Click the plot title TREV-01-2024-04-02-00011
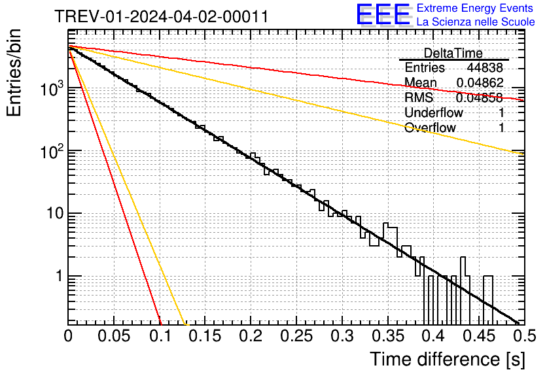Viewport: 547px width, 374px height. [161, 17]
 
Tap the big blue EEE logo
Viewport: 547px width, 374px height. [383, 16]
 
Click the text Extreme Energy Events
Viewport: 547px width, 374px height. [476, 8]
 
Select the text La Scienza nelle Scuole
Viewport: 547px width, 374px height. [476, 22]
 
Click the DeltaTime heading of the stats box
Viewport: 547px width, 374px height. [453, 53]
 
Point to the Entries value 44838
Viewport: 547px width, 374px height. [485, 68]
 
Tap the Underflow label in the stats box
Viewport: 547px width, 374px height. [434, 112]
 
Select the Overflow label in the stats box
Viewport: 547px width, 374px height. [430, 127]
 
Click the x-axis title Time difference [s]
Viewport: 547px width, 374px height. [447, 359]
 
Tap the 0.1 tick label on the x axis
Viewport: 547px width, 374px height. [160, 336]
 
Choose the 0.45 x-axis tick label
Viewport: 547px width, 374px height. [477, 336]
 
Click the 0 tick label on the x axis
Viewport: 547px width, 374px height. [69, 336]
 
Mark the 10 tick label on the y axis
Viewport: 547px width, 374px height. [52, 213]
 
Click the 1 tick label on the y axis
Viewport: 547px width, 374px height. [58, 276]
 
